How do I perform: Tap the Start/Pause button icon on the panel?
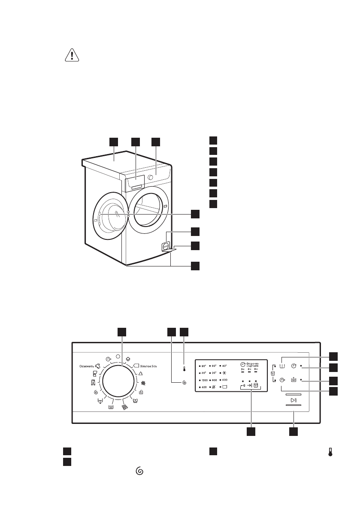coord(293,400)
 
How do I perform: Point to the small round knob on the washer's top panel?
coord(150,176)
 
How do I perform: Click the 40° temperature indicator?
coord(224,366)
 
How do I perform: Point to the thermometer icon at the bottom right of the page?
coord(330,452)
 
